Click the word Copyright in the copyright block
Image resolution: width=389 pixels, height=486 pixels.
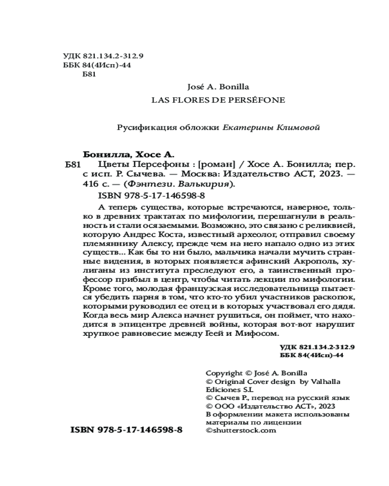[224, 373]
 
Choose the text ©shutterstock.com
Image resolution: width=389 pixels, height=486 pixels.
[238, 430]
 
